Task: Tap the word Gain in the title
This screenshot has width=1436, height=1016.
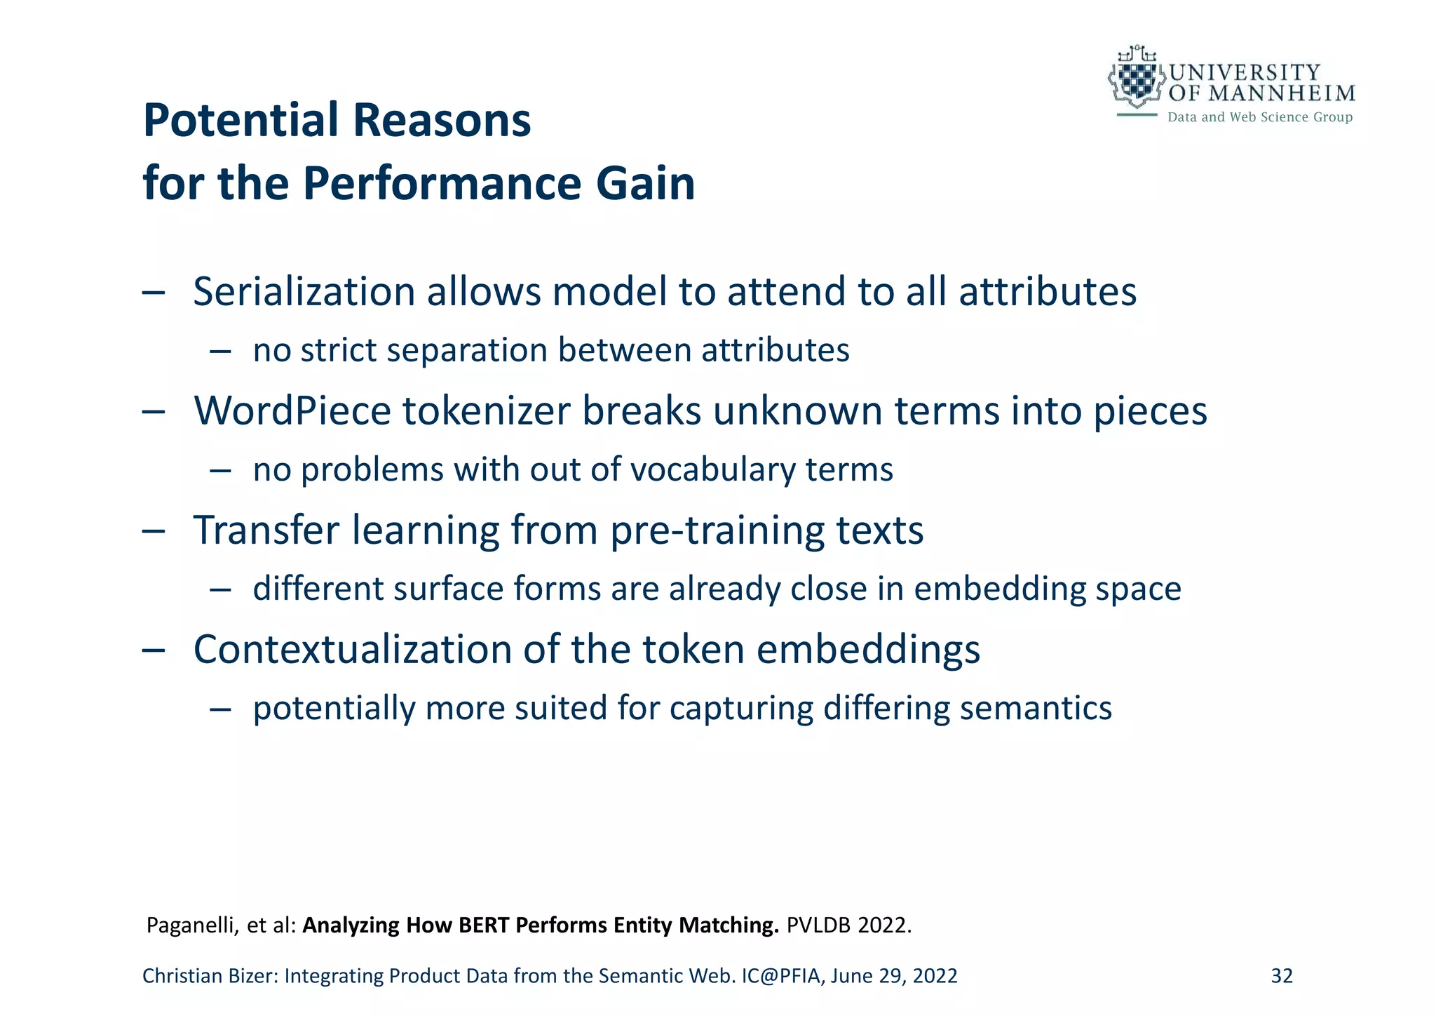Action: coord(645,184)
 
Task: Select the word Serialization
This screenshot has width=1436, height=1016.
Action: coord(304,292)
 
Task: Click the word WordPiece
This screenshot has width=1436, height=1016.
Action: coord(292,411)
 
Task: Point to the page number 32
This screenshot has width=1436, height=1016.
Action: coord(1282,976)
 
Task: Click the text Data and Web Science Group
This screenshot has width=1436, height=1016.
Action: coord(1259,117)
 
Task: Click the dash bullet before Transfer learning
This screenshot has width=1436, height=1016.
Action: coord(154,531)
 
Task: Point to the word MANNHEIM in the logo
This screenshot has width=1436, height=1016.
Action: coord(1282,93)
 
